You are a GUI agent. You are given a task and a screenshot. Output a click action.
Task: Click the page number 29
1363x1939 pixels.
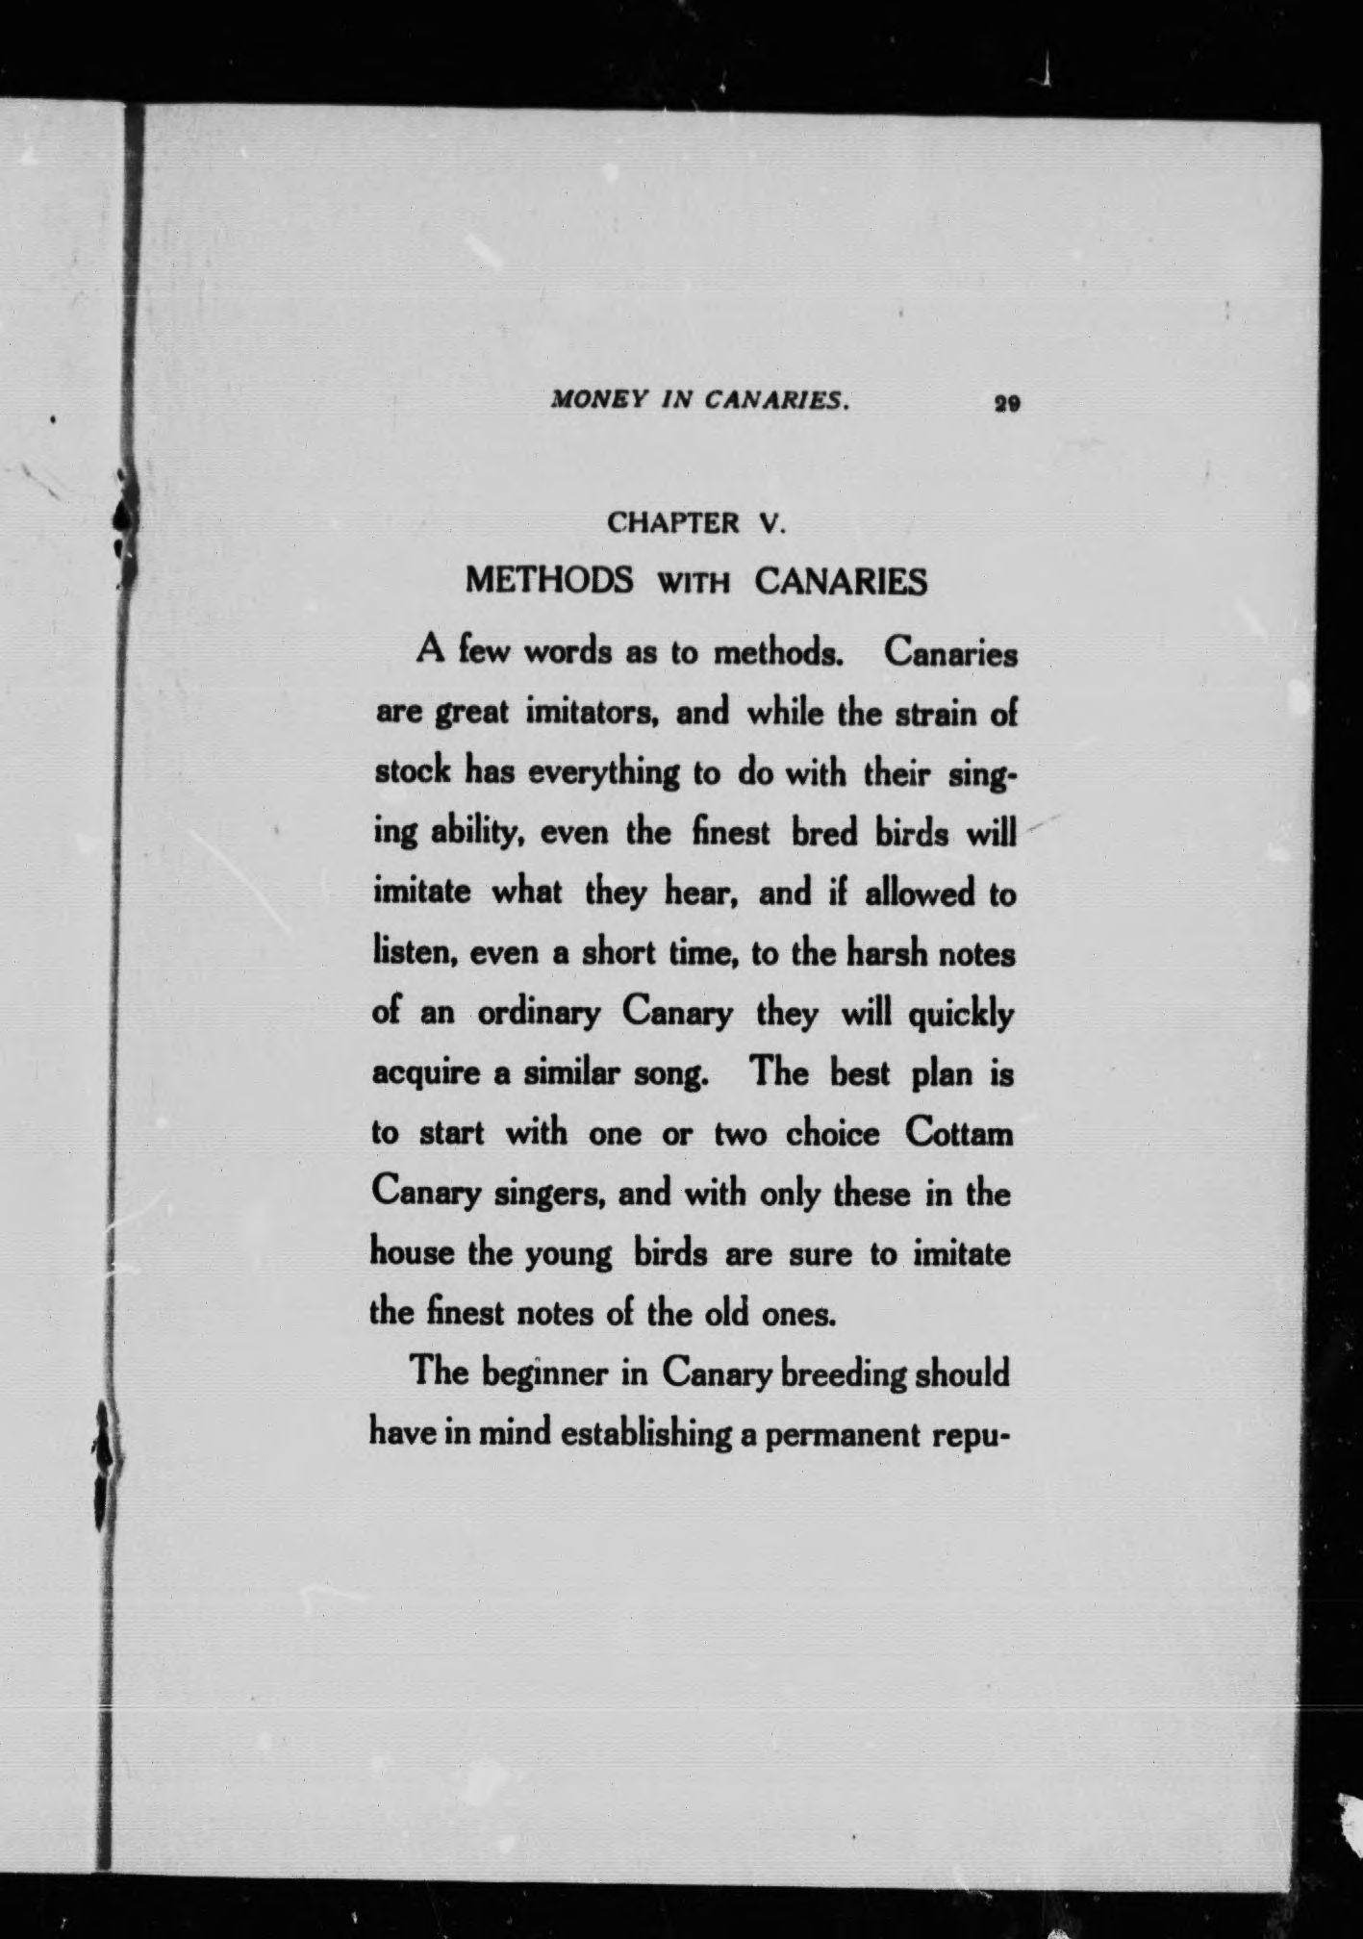(1008, 405)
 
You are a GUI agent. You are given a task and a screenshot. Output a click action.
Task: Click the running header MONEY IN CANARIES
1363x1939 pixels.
(699, 402)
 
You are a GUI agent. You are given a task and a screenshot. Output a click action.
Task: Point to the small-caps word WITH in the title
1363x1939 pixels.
(694, 584)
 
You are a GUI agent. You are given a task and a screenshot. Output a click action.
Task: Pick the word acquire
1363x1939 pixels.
(425, 1075)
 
